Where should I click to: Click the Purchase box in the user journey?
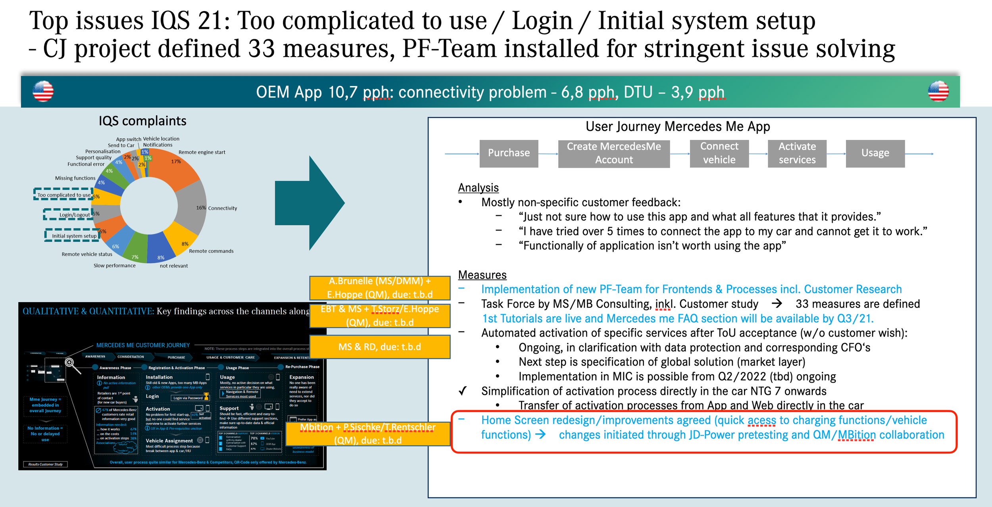(509, 153)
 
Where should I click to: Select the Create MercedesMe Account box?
(613, 153)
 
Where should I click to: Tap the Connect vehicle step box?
(719, 153)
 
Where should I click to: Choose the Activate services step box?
(797, 153)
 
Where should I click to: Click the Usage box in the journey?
(875, 153)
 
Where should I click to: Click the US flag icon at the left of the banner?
(43, 91)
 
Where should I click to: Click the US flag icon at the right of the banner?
(938, 91)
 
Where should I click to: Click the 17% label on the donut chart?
(176, 161)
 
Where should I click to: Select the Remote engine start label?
(202, 152)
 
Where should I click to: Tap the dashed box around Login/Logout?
(68, 214)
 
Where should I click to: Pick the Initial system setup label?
(74, 236)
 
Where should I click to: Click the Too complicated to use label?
(63, 195)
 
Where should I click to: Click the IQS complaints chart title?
(142, 121)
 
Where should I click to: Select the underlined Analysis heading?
(478, 187)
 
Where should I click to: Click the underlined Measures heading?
(482, 275)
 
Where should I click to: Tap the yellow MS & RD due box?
(380, 347)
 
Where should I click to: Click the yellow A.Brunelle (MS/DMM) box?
(380, 288)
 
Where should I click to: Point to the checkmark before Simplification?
(462, 391)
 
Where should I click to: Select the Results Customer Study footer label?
(45, 464)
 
